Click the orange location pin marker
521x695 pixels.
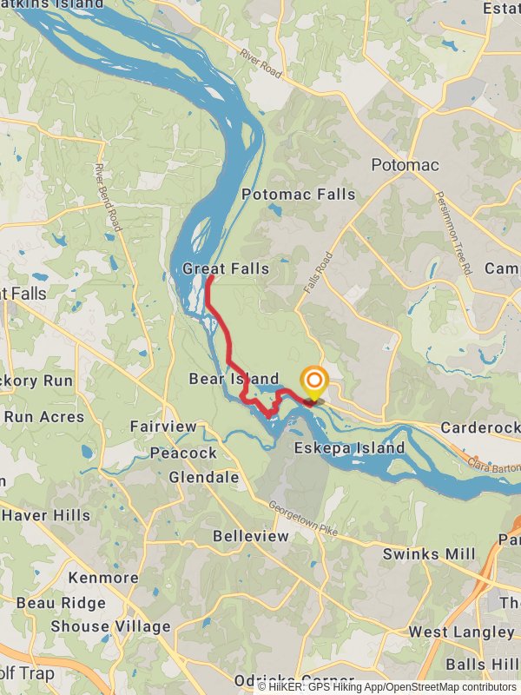313,381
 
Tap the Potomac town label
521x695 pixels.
405,165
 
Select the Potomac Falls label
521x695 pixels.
299,194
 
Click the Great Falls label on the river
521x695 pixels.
226,269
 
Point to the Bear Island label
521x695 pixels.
234,379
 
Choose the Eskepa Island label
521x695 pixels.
349,448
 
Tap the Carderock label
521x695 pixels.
479,427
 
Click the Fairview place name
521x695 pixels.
163,427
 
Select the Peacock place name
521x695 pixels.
183,453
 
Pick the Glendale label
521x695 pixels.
204,477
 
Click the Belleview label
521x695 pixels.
250,536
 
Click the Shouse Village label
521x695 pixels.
110,626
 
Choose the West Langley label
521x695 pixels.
461,632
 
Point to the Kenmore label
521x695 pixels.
103,578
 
